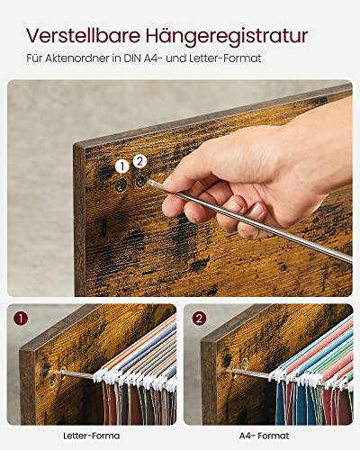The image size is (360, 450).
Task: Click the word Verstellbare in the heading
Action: (x=84, y=35)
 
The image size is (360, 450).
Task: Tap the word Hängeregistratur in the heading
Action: (x=227, y=37)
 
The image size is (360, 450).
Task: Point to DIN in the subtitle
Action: (x=131, y=58)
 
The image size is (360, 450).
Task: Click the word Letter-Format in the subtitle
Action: (x=225, y=58)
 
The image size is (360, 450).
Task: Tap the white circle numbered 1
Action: (x=121, y=166)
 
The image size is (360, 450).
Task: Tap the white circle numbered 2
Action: (x=139, y=162)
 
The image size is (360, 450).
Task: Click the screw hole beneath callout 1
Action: (x=121, y=186)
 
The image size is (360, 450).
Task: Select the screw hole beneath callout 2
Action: (x=140, y=182)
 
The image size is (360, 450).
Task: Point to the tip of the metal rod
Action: (x=148, y=182)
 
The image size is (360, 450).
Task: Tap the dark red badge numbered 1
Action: (x=21, y=319)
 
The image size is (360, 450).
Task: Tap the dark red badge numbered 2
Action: (x=200, y=319)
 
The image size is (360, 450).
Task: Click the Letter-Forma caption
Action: (x=92, y=436)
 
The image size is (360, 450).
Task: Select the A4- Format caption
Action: (x=265, y=436)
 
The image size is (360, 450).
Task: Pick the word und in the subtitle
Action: (x=175, y=58)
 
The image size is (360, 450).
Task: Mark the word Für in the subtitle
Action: (x=34, y=58)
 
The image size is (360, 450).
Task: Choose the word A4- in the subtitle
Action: (x=152, y=58)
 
